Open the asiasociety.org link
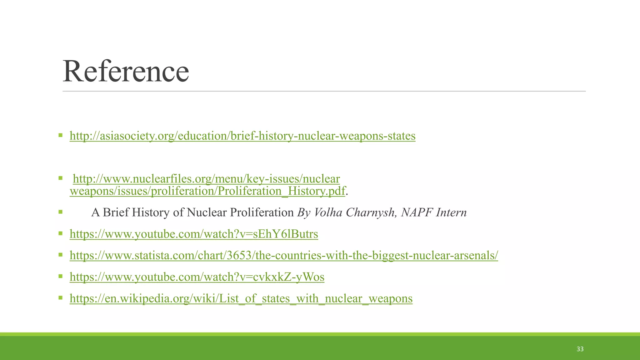[242, 136]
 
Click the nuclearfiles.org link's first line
[206, 179]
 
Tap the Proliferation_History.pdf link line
[207, 191]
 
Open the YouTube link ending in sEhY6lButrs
[194, 234]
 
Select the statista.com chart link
[284, 256]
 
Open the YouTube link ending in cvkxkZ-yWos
[197, 277]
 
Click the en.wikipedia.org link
[241, 299]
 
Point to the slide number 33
[580, 349]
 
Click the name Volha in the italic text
[328, 212]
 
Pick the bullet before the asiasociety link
[60, 136]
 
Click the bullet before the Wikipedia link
[60, 298]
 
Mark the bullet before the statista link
[60, 255]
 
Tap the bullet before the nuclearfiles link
[60, 178]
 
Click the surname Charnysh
[372, 212]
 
